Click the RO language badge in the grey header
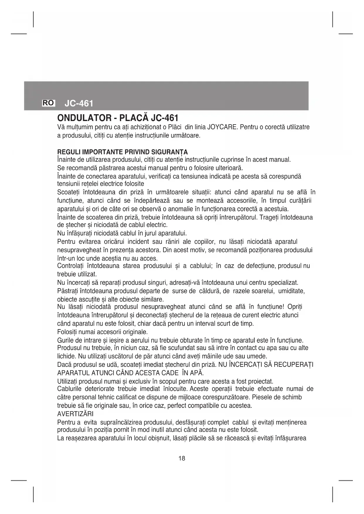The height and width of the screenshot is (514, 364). pyautogui.click(x=48, y=103)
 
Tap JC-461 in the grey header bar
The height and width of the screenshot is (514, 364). pyautogui.click(x=79, y=103)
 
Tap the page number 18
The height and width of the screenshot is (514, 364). pyautogui.click(x=182, y=459)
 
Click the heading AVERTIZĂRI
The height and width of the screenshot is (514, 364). pyautogui.click(x=75, y=414)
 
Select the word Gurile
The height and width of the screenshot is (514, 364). pyautogui.click(x=65, y=341)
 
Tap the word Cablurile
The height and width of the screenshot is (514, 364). pyautogui.click(x=69, y=389)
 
